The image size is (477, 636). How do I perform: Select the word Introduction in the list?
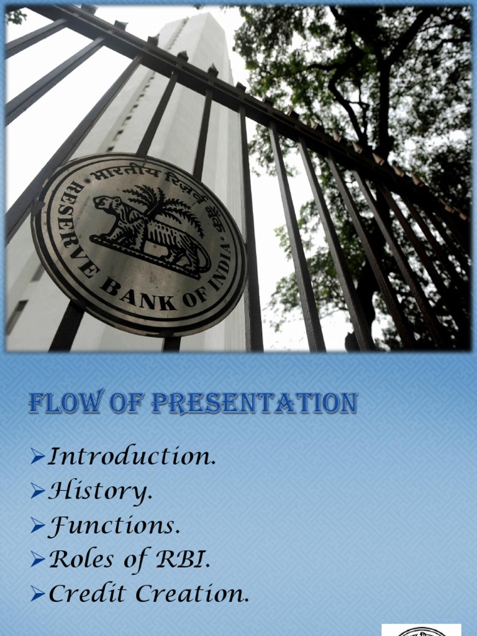pyautogui.click(x=132, y=457)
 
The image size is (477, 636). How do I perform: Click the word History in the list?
pyautogui.click(x=99, y=492)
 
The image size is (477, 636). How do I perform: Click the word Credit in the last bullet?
pyautogui.click(x=86, y=594)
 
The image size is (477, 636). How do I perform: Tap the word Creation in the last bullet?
pyautogui.click(x=192, y=594)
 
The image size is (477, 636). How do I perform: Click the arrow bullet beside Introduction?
pyautogui.click(x=37, y=458)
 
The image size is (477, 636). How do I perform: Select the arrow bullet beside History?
pyautogui.click(x=37, y=493)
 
